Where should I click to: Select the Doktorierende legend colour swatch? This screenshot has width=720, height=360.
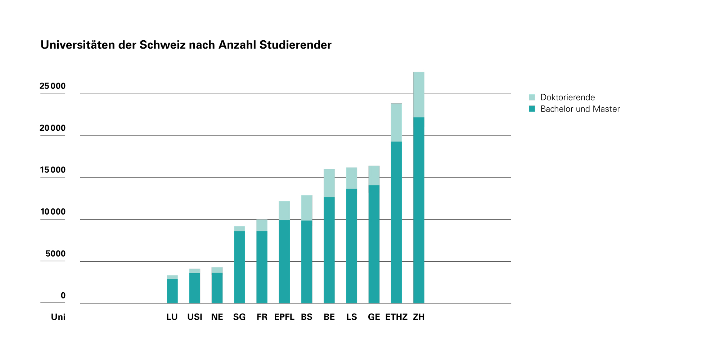tap(532, 97)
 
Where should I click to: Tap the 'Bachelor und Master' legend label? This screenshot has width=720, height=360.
tap(580, 109)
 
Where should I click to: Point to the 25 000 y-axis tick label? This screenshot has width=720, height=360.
tap(53, 86)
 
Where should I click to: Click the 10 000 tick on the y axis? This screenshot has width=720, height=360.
tap(53, 212)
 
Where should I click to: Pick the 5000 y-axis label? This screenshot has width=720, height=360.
tap(55, 254)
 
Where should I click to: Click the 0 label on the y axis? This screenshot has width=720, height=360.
tap(63, 296)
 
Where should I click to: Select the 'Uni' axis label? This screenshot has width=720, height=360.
tap(58, 317)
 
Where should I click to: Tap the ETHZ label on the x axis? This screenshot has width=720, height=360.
tap(396, 317)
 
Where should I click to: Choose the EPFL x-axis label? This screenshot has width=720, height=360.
tap(284, 317)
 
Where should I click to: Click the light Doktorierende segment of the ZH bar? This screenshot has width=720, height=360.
tap(419, 95)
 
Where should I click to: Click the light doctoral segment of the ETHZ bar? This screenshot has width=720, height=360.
tap(396, 122)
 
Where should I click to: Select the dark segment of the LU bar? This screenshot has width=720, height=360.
tap(172, 291)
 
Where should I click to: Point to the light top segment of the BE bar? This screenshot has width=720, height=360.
tap(329, 183)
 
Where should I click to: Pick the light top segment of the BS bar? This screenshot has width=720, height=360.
tap(307, 208)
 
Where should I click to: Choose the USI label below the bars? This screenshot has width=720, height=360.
tap(194, 317)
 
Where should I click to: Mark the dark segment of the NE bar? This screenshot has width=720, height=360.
tap(217, 288)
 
